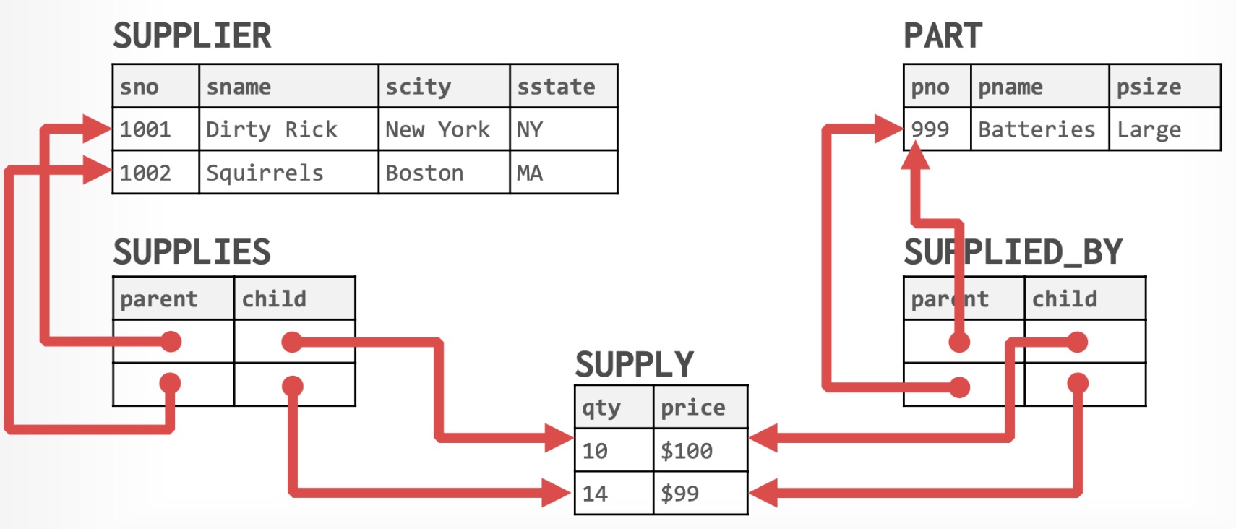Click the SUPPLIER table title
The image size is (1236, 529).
(192, 36)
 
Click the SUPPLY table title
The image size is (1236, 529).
(635, 364)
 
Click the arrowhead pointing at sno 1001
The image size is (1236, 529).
(98, 129)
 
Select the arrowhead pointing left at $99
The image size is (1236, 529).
(763, 494)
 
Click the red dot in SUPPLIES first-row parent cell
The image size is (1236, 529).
(171, 341)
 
